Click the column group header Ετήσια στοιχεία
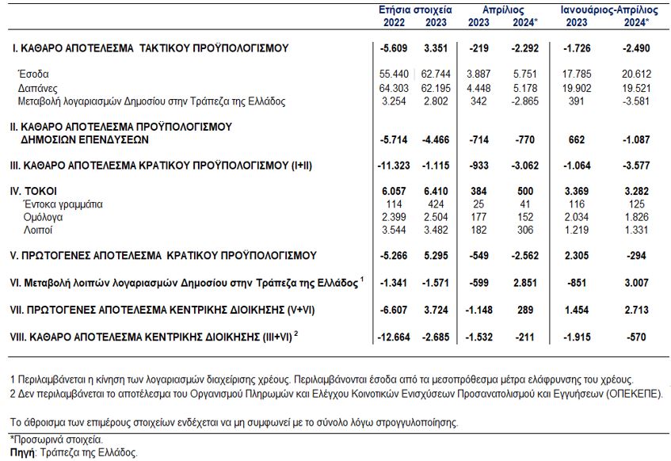click(x=415, y=10)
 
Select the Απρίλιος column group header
click(x=503, y=10)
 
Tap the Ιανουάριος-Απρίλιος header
click(x=609, y=10)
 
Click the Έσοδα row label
click(x=33, y=74)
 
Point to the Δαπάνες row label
click(x=38, y=88)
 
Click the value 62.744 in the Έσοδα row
click(x=436, y=74)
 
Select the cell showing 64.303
click(x=394, y=88)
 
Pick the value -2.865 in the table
click(x=524, y=101)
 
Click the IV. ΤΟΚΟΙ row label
click(x=33, y=191)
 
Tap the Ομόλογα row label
click(x=43, y=217)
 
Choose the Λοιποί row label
click(x=38, y=230)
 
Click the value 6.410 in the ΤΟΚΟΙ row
click(x=436, y=191)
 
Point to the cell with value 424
click(x=436, y=204)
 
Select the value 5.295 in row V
click(x=436, y=256)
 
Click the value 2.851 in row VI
click(x=524, y=283)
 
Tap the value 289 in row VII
click(x=524, y=310)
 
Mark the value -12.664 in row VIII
click(x=394, y=337)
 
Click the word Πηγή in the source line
click(x=22, y=452)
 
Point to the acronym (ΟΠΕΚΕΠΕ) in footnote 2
click(x=635, y=394)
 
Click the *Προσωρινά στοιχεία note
click(x=56, y=440)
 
